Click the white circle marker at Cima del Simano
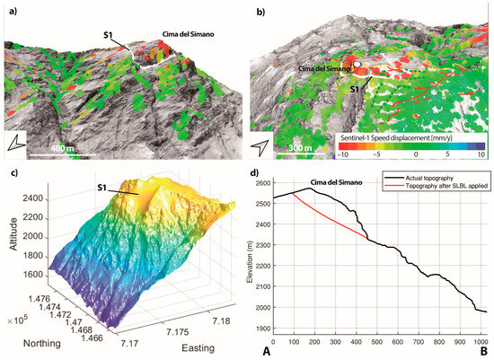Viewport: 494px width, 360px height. [x=357, y=66]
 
